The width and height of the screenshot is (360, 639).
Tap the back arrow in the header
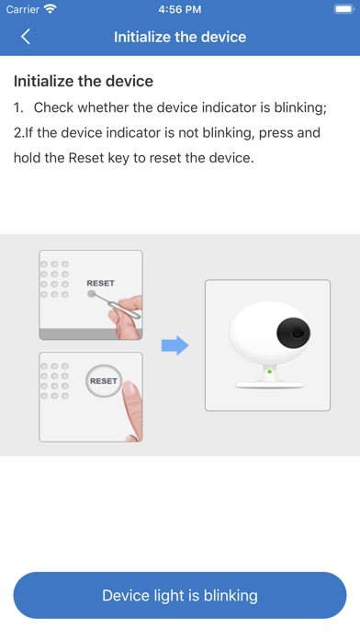pos(26,37)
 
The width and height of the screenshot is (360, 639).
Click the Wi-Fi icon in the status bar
pos(51,9)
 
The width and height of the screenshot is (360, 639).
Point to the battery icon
pos(344,9)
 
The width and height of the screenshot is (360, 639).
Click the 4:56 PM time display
pos(180,9)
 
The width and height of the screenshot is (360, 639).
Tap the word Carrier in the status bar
pos(22,9)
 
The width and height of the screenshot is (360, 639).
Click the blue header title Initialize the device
pos(180,37)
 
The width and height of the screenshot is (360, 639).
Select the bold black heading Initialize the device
pos(84,81)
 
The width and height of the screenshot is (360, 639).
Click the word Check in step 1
pos(53,107)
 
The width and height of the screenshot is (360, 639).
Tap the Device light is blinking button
pos(180,596)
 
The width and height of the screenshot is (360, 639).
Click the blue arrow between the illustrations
pos(175,345)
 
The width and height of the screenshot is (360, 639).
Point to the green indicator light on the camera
pos(269,372)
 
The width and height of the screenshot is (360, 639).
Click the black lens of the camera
pos(294,332)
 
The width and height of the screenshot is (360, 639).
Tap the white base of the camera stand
pos(269,384)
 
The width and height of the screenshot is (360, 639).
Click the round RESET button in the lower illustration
pos(104,381)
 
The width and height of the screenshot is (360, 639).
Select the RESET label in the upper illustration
pos(101,283)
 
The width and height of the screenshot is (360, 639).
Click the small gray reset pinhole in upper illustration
pos(91,294)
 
